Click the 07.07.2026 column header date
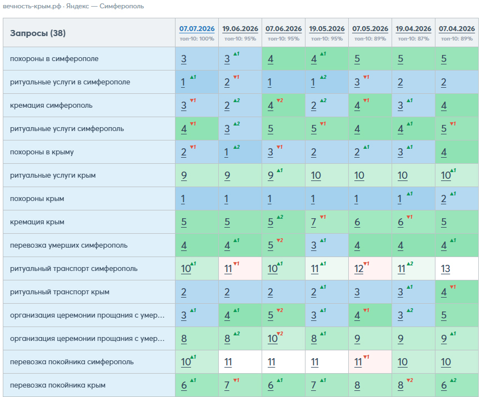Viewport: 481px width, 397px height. pos(197,29)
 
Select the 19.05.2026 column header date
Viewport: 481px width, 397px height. pos(327,29)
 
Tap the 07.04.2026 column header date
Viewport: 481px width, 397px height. pos(457,29)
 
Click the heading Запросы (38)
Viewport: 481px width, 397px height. pos(38,33)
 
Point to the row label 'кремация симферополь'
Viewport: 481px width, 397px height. pos(51,105)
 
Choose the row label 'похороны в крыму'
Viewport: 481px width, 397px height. pos(42,152)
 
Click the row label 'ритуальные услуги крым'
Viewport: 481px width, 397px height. pos(53,175)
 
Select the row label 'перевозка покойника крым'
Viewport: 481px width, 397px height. pos(58,385)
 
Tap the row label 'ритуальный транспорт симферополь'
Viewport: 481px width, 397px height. pos(74,269)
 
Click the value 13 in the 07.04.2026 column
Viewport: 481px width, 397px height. pos(445,269)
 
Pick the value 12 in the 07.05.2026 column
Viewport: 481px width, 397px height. pos(359,269)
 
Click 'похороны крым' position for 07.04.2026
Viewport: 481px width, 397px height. pos(444,199)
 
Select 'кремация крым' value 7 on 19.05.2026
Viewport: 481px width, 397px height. pos(313,222)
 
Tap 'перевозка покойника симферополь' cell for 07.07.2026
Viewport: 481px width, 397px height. pos(186,362)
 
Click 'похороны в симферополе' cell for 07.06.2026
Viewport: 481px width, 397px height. pos(270,59)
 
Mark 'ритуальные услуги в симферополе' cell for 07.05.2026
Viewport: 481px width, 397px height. pos(357,82)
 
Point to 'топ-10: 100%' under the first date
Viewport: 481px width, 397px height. pos(197,39)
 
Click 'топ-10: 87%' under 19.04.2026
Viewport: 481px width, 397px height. pos(413,39)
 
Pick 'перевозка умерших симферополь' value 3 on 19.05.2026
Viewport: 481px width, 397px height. pos(313,245)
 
